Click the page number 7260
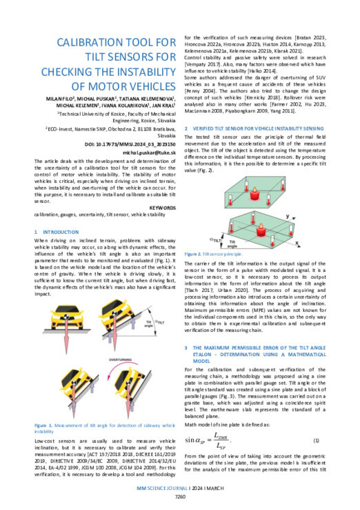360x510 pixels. coord(180,496)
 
